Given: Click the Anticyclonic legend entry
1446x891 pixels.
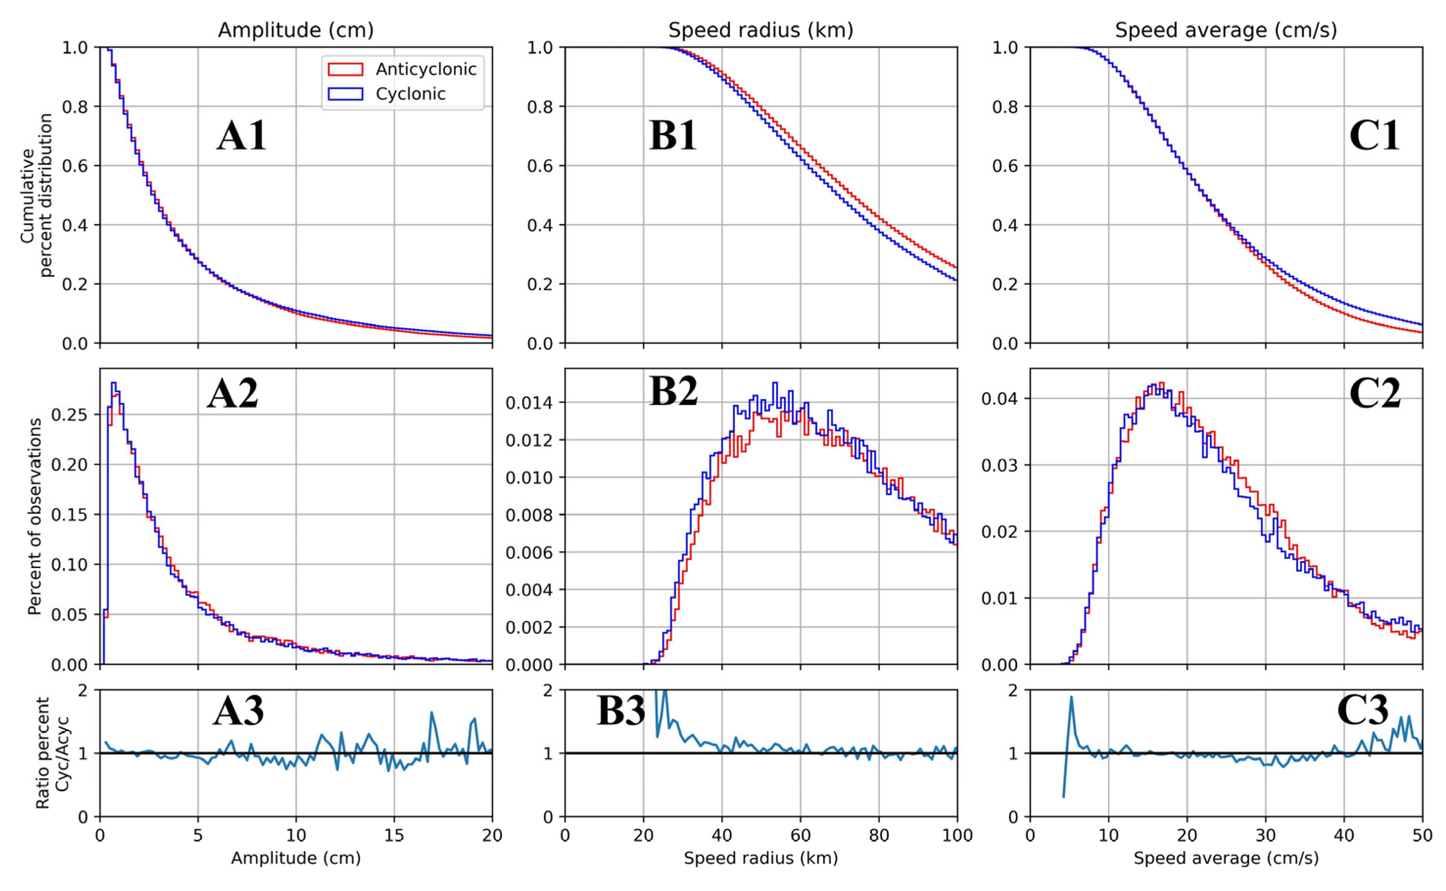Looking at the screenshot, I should (x=426, y=70).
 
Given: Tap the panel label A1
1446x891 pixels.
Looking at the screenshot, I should (x=241, y=136).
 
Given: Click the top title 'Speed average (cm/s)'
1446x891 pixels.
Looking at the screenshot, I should (x=1226, y=30).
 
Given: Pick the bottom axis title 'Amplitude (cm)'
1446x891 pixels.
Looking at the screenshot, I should (x=295, y=859).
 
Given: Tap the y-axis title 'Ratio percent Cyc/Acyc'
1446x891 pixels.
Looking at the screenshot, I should (x=52, y=752).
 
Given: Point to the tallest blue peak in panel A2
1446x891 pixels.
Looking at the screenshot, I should (x=114, y=383).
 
